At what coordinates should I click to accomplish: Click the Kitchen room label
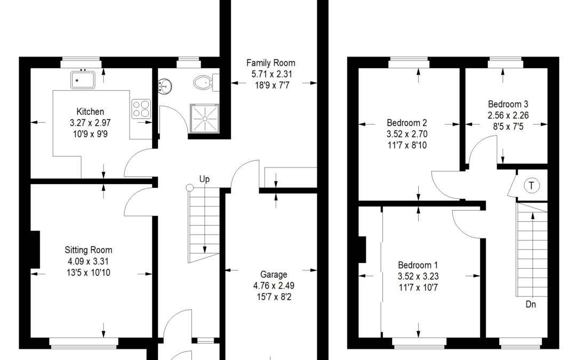click(x=90, y=111)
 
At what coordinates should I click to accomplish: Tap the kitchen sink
click(x=83, y=79)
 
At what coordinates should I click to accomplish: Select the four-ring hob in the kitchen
click(x=141, y=109)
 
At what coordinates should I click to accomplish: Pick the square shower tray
click(x=205, y=118)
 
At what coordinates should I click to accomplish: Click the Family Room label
click(x=271, y=63)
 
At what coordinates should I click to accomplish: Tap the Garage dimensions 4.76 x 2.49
click(x=274, y=285)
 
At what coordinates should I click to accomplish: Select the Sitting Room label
click(x=89, y=250)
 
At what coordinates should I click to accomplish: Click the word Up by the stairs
click(x=205, y=179)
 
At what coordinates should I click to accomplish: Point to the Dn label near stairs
click(x=531, y=304)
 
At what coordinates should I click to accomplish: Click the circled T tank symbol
click(x=531, y=185)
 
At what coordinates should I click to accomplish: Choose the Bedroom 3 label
click(x=508, y=104)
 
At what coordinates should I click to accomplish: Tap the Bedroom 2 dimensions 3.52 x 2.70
click(x=407, y=134)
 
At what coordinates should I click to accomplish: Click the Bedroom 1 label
click(x=418, y=265)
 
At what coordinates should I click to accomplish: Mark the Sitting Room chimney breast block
click(x=35, y=250)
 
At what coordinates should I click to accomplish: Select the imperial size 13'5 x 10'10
click(x=89, y=273)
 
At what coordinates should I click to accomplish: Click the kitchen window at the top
click(x=81, y=62)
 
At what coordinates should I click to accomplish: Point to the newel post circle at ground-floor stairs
click(x=189, y=188)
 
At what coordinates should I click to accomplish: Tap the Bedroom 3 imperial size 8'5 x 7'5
click(x=508, y=127)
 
